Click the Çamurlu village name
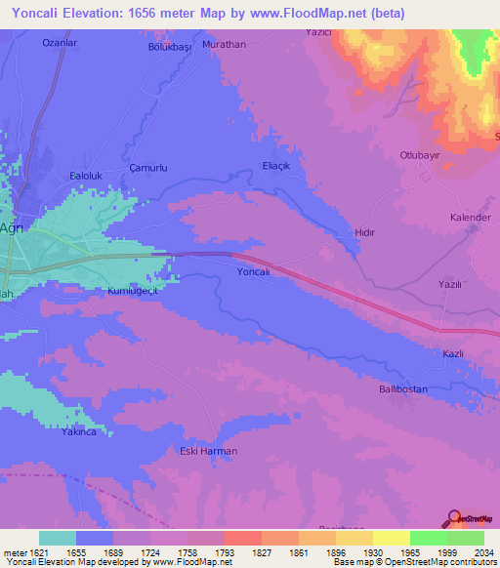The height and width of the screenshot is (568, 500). pyautogui.click(x=149, y=168)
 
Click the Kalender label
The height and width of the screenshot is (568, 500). pyautogui.click(x=470, y=217)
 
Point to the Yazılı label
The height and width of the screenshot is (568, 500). pyautogui.click(x=449, y=284)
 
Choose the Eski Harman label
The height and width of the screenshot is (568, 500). pyautogui.click(x=203, y=450)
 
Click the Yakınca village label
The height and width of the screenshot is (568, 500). pyautogui.click(x=79, y=431)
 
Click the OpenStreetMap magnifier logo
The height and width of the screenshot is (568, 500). pyautogui.click(x=454, y=519)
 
